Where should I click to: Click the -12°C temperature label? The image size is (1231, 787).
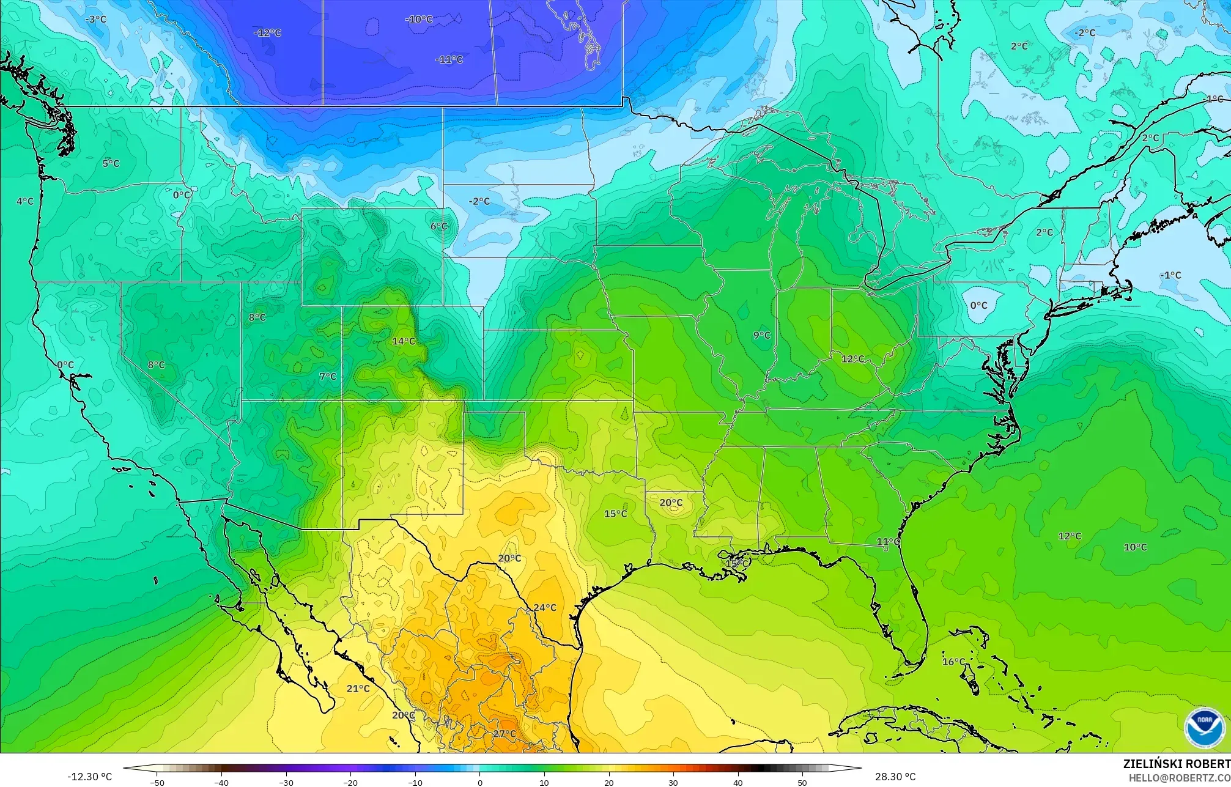268,32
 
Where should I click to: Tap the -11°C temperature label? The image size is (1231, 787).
449,59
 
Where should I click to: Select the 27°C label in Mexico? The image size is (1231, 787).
505,734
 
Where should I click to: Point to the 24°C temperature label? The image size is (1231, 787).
545,607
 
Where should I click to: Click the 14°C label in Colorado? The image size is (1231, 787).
404,341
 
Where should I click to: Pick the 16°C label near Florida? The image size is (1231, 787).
953,662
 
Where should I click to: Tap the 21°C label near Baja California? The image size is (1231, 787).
358,688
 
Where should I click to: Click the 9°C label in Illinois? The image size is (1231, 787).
762,335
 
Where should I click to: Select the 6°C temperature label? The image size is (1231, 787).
439,226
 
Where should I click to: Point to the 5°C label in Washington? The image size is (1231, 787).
111,163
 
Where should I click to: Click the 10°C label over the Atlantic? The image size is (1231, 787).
1136,547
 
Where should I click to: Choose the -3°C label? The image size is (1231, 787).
95,20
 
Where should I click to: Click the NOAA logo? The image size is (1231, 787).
1204,728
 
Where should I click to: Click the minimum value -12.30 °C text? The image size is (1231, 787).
90,777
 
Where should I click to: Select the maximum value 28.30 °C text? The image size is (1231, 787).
895,777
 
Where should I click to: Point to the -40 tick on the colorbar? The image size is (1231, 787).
221,783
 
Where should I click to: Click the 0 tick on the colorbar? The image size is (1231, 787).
479,783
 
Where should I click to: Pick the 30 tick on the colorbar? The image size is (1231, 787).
673,783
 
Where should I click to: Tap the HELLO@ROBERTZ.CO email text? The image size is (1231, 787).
1179,777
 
